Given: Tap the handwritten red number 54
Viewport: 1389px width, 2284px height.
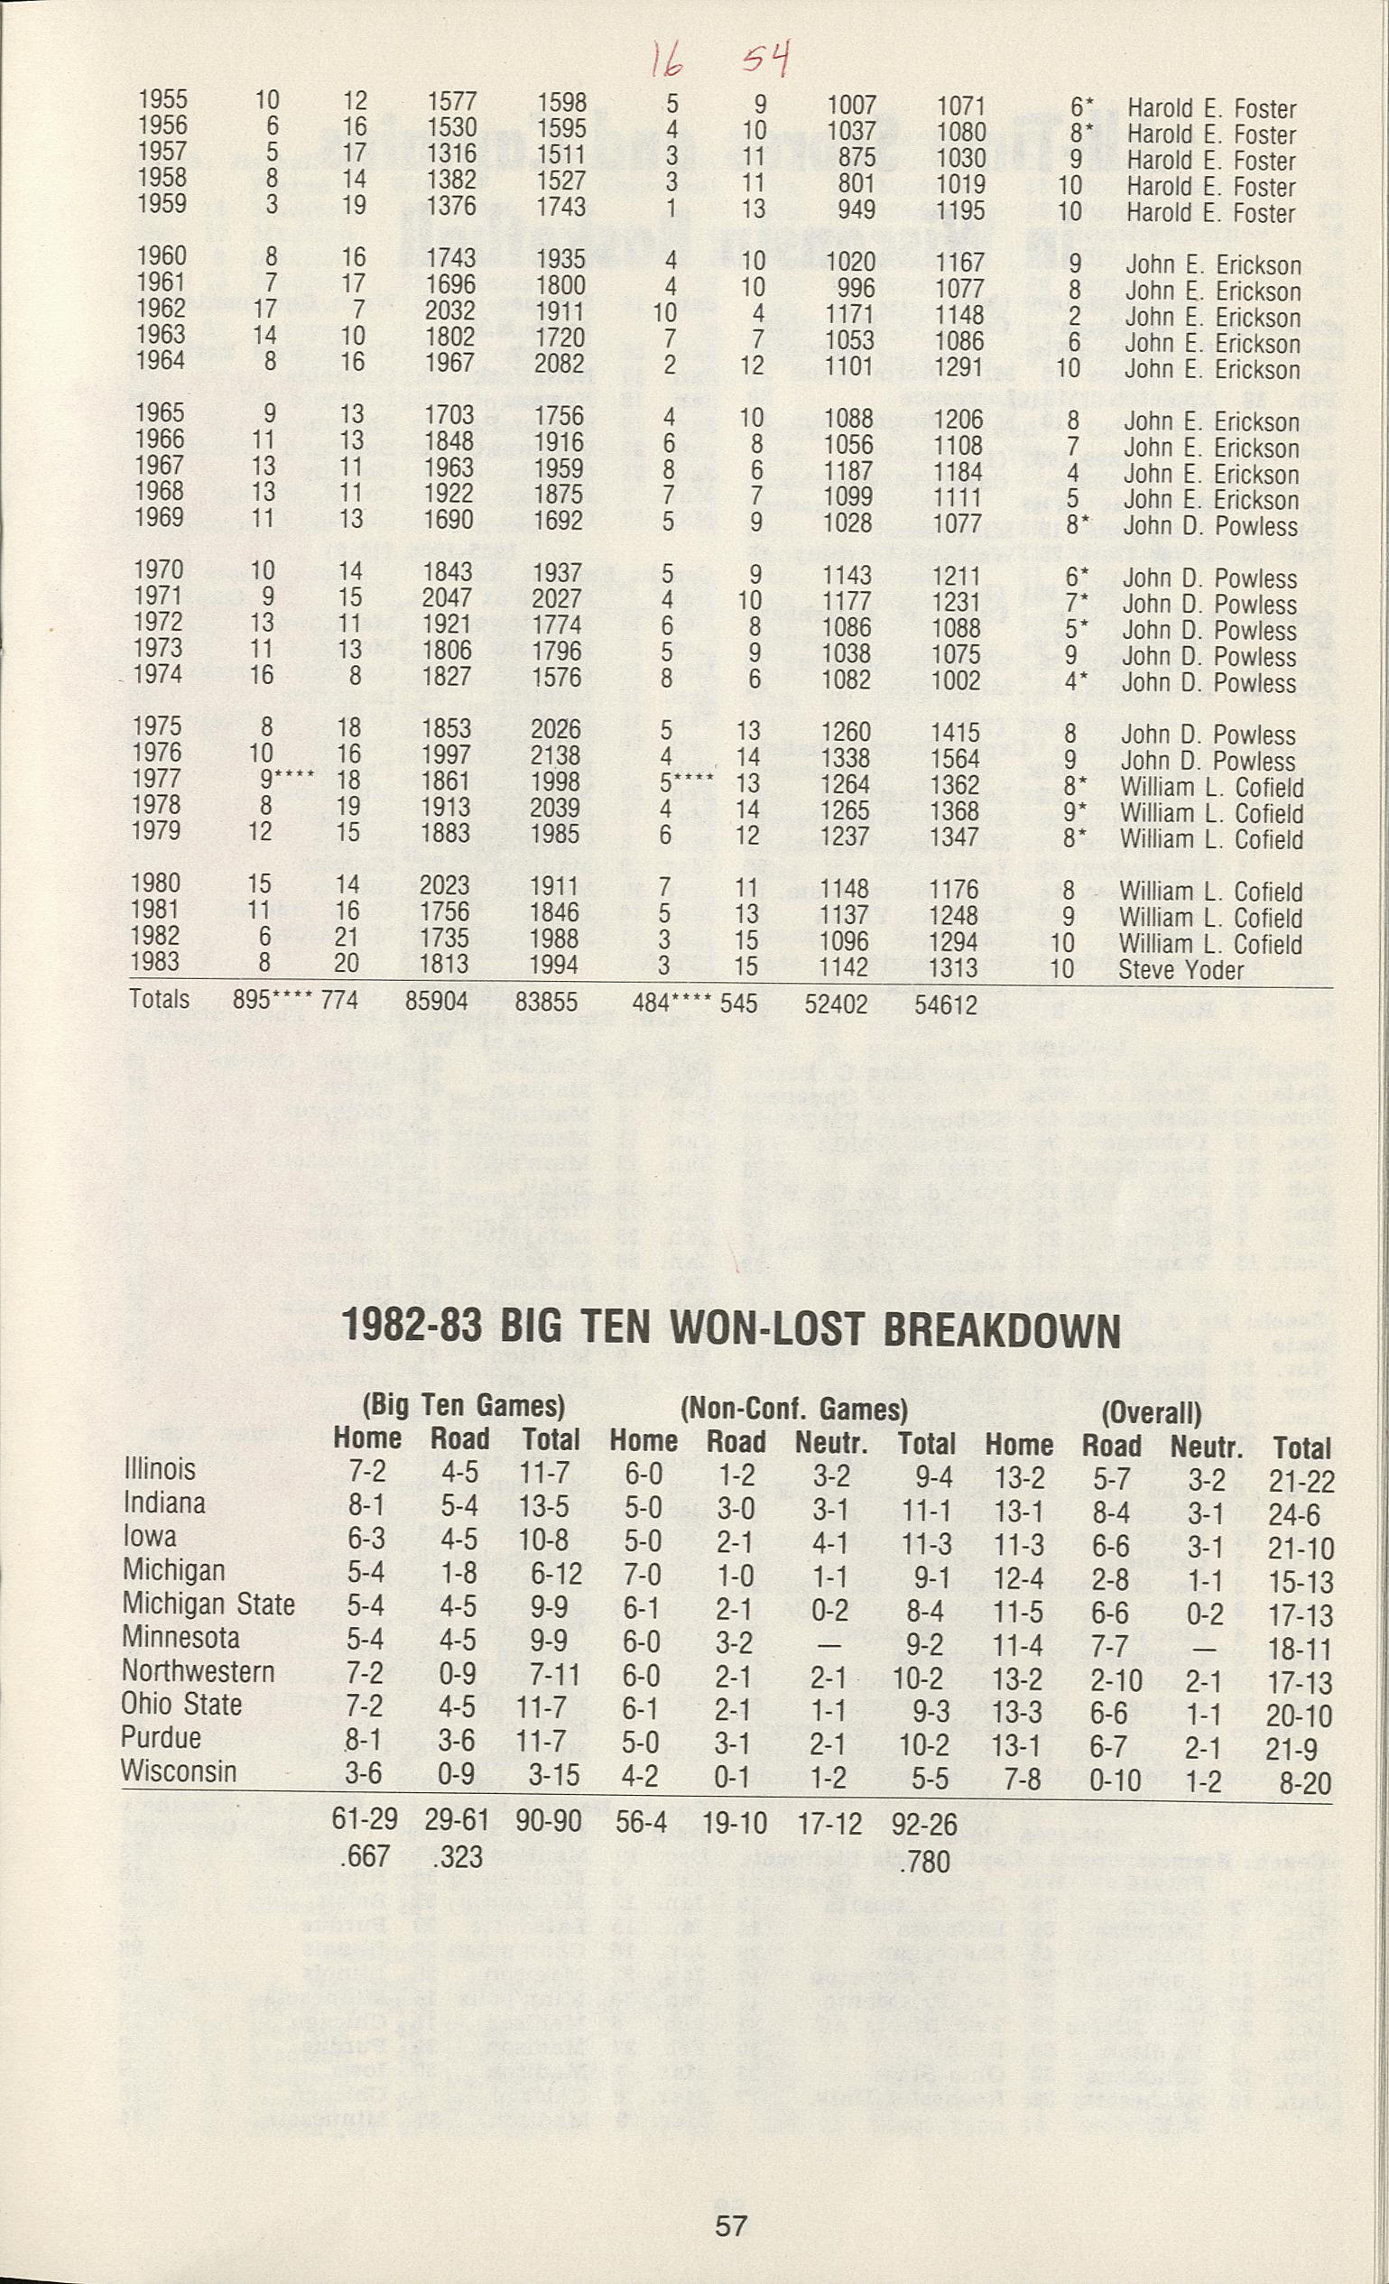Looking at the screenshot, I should tap(766, 63).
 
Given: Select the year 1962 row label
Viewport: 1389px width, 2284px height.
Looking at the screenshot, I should tap(162, 308).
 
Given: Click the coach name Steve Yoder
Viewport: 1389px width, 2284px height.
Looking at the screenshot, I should tap(1181, 969).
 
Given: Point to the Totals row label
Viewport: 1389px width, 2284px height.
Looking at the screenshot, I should tap(160, 998).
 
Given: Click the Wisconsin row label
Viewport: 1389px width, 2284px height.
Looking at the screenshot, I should tap(179, 1771).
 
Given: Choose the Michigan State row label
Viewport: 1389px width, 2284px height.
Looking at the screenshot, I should tap(208, 1604).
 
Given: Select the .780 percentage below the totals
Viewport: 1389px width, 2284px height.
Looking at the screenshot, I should tap(925, 1861).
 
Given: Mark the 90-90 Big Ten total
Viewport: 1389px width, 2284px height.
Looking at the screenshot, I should tap(550, 1821).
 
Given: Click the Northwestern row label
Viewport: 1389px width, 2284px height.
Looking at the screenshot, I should tap(199, 1671).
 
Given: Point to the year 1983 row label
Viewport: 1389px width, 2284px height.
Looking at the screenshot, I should tap(156, 961).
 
